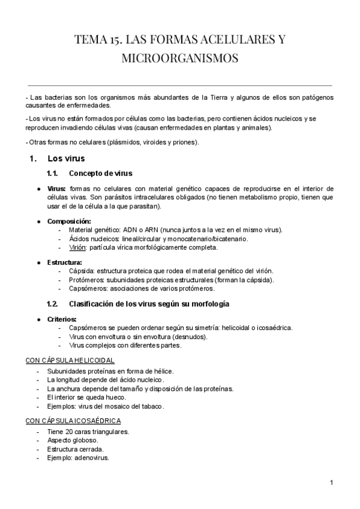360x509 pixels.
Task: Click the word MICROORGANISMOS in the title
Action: [x=180, y=59]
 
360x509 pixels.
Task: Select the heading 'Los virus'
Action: [x=66, y=159]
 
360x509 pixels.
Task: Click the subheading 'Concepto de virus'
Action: [x=100, y=173]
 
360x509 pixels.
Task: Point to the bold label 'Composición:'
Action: [x=69, y=221]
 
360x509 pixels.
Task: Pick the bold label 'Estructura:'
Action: [x=65, y=262]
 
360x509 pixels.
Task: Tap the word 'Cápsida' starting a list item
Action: [x=82, y=271]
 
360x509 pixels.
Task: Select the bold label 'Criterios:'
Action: [x=62, y=319]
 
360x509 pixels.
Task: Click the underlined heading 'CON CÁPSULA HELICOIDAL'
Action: [x=70, y=360]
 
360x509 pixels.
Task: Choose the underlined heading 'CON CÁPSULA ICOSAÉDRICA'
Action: [x=73, y=421]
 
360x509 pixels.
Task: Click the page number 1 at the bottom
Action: [x=331, y=483]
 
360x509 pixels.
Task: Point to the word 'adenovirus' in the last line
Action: [x=91, y=458]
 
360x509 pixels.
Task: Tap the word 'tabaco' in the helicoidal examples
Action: [x=151, y=406]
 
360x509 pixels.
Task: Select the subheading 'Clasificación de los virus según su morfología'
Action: [x=149, y=304]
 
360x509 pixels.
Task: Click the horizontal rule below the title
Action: [x=180, y=85]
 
